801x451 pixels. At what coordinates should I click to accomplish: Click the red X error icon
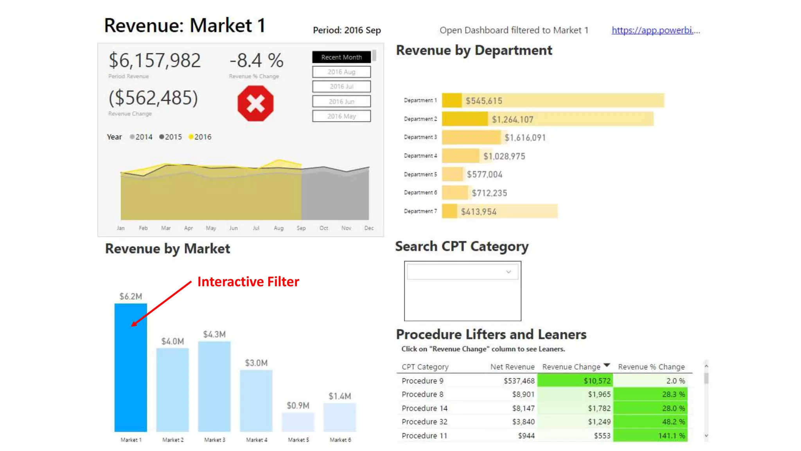(x=255, y=104)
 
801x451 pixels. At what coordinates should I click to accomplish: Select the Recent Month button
(x=341, y=57)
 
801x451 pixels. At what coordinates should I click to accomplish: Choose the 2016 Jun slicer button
(x=341, y=101)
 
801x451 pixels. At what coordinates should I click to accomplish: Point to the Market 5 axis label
(x=298, y=440)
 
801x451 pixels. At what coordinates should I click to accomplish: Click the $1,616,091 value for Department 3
(x=525, y=138)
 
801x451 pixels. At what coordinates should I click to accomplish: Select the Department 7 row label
(x=420, y=211)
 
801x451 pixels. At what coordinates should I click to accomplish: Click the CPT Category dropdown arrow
(x=508, y=272)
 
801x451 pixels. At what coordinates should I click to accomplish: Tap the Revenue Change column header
(x=571, y=367)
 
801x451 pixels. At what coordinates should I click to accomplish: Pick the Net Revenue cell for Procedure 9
(x=519, y=381)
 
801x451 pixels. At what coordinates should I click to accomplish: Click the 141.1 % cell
(x=673, y=435)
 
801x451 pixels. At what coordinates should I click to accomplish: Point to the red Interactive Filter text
(x=248, y=281)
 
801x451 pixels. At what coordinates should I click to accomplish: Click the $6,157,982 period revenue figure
(x=154, y=60)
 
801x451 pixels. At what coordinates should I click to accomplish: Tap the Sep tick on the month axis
(x=301, y=228)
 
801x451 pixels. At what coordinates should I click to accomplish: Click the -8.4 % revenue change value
(x=256, y=60)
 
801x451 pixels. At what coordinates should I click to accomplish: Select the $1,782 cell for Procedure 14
(x=599, y=408)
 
